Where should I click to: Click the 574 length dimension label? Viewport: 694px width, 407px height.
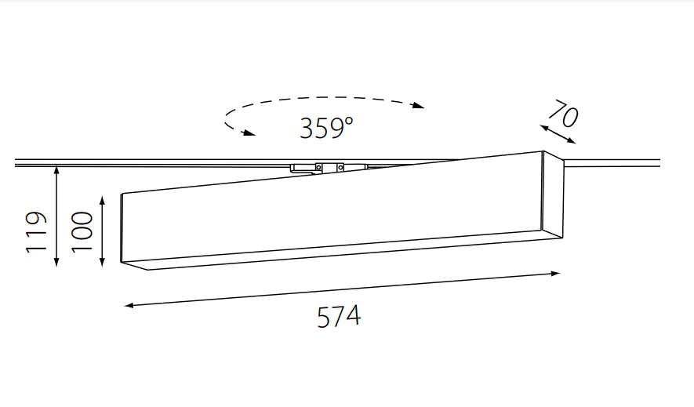pyautogui.click(x=339, y=317)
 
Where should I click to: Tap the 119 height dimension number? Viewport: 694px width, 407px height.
pyautogui.click(x=36, y=232)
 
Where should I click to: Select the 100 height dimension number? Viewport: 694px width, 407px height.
pyautogui.click(x=82, y=232)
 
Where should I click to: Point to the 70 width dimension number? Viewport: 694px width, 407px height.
pyautogui.click(x=563, y=114)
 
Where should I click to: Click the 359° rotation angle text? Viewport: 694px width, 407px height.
pyautogui.click(x=327, y=128)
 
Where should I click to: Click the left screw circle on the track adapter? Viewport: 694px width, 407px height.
pyautogui.click(x=318, y=167)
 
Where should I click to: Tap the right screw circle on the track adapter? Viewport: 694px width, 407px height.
pyautogui.click(x=340, y=167)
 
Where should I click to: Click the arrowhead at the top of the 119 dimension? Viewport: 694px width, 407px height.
pyautogui.click(x=56, y=169)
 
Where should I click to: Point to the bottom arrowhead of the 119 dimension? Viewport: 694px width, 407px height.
pyautogui.click(x=56, y=262)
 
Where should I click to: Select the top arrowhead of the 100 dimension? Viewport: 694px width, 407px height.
pyautogui.click(x=102, y=201)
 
